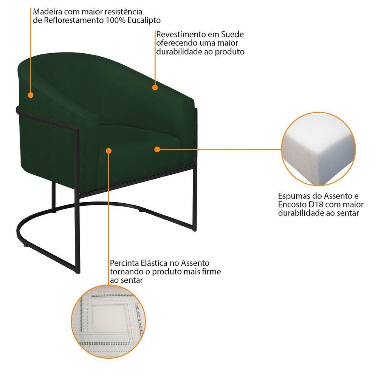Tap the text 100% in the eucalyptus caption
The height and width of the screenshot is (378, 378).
tap(115, 20)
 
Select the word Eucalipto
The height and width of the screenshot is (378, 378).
tap(144, 20)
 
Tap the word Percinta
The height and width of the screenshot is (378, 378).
tap(124, 263)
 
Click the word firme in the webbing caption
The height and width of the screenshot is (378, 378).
tap(212, 272)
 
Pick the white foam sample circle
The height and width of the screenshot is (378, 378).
tap(318, 149)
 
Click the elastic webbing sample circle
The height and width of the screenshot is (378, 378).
tap(108, 321)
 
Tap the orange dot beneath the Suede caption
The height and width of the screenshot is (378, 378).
tap(155, 88)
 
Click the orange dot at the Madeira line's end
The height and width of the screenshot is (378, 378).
tap(30, 95)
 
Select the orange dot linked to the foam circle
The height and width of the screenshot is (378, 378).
tap(157, 149)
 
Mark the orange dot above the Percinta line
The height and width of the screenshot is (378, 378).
tap(109, 151)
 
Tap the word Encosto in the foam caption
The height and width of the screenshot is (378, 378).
tap(293, 204)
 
